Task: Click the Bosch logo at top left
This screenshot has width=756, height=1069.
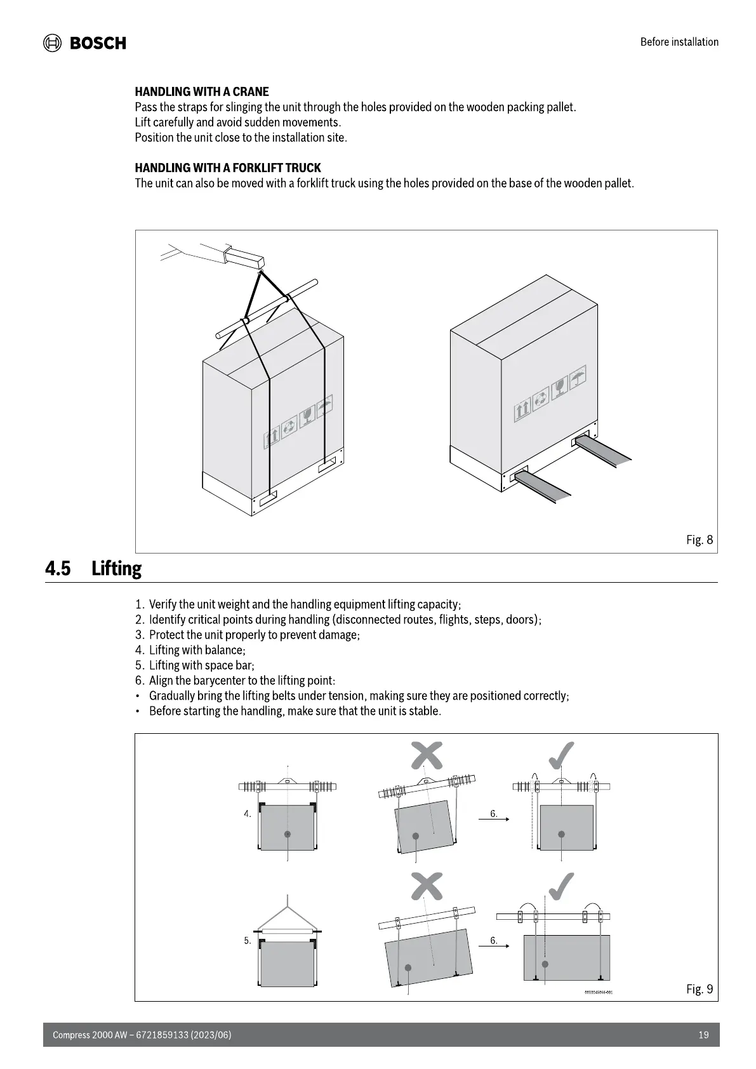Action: (84, 43)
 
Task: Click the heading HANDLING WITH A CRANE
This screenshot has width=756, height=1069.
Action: (202, 91)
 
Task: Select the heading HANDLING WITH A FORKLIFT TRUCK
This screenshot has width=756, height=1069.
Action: (228, 168)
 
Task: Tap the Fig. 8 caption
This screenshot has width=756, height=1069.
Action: (700, 540)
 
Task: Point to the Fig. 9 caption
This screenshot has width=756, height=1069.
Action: (700, 989)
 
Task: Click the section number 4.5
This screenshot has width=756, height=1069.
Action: (58, 568)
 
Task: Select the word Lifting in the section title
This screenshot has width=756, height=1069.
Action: (117, 568)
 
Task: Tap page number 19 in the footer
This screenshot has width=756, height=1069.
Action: (703, 1035)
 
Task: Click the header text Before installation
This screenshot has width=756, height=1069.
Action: (679, 42)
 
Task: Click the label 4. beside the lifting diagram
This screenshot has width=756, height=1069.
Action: (248, 814)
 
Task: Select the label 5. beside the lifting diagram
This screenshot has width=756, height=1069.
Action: (248, 941)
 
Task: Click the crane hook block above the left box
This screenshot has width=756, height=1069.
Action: (244, 256)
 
